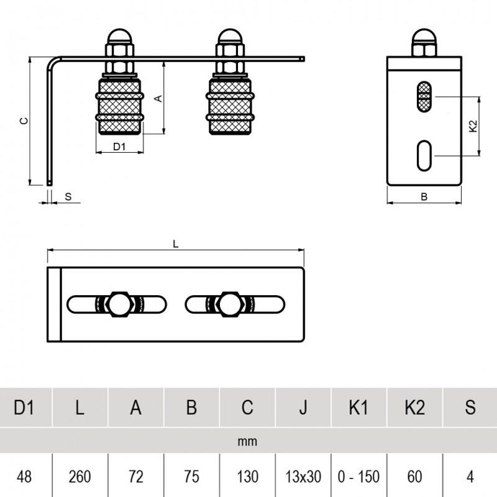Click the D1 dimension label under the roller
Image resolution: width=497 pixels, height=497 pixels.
[119, 147]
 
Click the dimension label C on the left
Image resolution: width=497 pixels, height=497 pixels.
[23, 121]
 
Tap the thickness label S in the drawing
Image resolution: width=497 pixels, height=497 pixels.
[68, 196]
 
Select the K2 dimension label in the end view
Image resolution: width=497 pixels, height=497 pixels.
[473, 125]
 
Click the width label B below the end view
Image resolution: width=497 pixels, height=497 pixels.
[424, 197]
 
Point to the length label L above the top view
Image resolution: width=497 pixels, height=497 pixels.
[176, 244]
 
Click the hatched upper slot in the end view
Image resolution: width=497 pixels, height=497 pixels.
[424, 97]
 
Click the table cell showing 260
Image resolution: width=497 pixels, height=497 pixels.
[80, 476]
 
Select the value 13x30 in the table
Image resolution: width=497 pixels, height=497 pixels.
[303, 476]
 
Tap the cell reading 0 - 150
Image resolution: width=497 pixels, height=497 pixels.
[359, 476]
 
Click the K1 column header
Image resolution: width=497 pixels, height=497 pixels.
[359, 408]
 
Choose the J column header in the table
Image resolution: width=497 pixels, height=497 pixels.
[303, 408]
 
